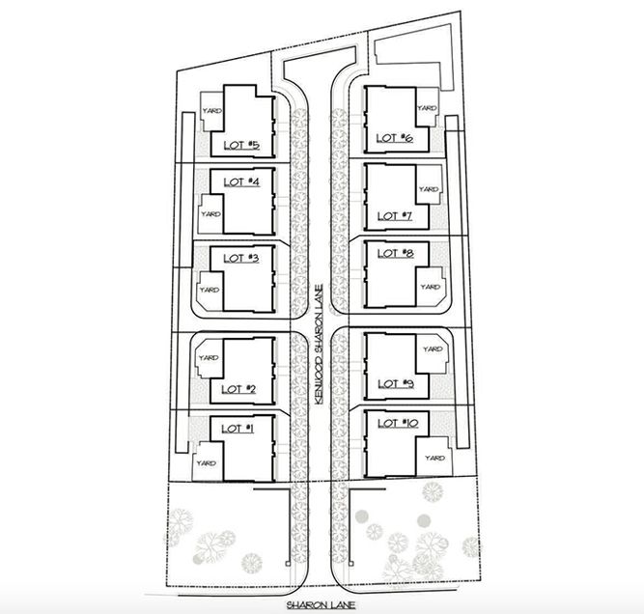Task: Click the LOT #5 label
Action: [x=241, y=145]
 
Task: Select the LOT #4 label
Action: [x=241, y=181]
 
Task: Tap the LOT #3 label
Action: [x=241, y=259]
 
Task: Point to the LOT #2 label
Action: [x=238, y=389]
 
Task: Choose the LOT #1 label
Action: [x=238, y=429]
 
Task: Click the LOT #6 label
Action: [x=395, y=138]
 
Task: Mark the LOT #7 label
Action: [x=395, y=216]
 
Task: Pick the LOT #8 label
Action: [x=396, y=253]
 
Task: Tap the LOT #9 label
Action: [x=396, y=384]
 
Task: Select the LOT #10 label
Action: [x=398, y=423]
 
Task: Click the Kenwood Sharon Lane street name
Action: [x=320, y=345]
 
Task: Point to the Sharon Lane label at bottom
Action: [x=322, y=605]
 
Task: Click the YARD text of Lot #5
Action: [x=212, y=110]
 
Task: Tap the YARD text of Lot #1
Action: [x=207, y=463]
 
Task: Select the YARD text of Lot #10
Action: [x=434, y=458]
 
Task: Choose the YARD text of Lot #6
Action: [x=427, y=108]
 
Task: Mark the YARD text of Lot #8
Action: [x=430, y=287]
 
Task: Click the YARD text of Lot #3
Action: [x=210, y=290]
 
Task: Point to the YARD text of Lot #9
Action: [x=433, y=349]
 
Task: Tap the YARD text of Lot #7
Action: [x=429, y=189]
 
